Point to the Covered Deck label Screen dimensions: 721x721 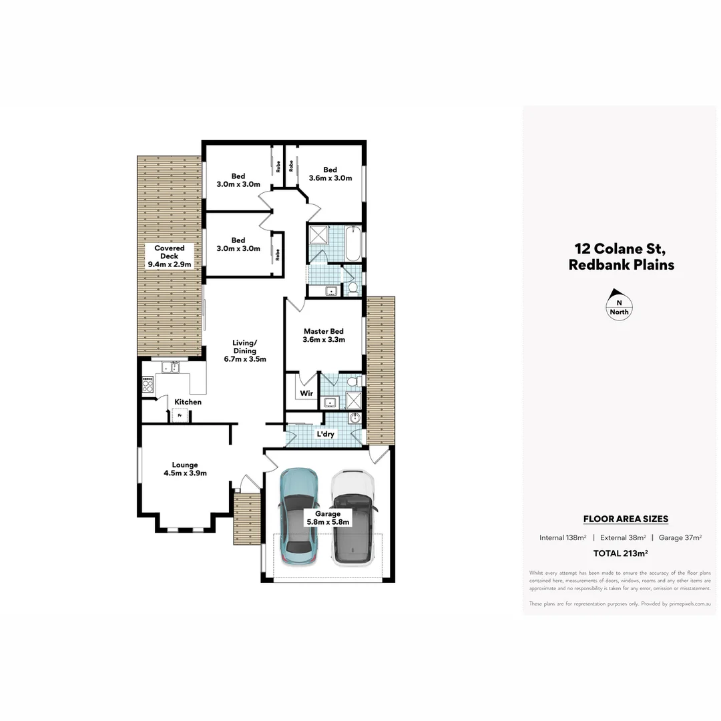(169, 256)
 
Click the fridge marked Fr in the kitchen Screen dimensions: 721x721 (178, 415)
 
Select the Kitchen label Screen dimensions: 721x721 (188, 402)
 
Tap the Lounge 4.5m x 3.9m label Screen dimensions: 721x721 (184, 469)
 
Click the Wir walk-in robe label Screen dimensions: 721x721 (306, 393)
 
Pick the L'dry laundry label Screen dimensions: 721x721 (325, 434)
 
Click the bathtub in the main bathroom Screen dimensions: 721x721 (353, 244)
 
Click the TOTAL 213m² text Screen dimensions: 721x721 (621, 553)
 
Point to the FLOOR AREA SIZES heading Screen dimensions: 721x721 (626, 519)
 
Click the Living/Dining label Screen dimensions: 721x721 (244, 350)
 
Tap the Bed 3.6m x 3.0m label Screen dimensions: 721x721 (330, 174)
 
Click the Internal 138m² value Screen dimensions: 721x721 (563, 537)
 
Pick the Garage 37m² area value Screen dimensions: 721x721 (680, 537)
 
